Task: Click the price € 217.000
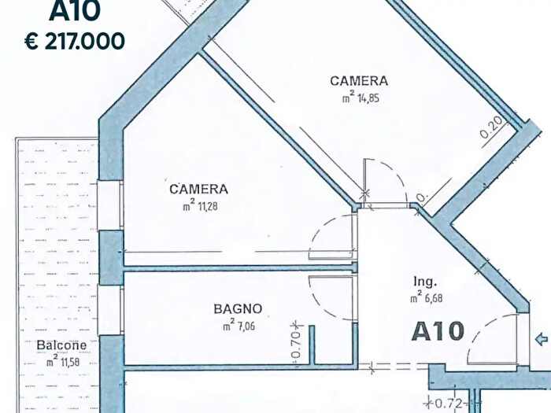click(76, 40)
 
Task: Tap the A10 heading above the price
click(76, 11)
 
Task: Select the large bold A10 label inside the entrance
click(438, 331)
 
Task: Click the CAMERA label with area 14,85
click(358, 81)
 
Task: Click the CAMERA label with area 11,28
click(198, 190)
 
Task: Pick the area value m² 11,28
click(198, 207)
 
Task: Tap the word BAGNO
click(238, 309)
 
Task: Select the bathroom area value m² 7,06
click(239, 326)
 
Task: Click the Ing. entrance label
click(425, 282)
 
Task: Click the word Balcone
click(61, 345)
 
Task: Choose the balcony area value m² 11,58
click(62, 362)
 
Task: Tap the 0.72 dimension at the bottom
click(449, 404)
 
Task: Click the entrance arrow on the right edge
click(541, 340)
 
